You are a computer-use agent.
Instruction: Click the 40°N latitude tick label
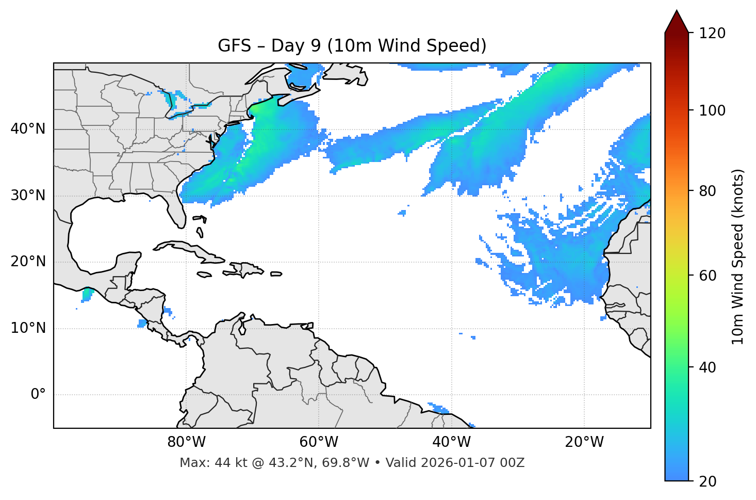tap(28, 129)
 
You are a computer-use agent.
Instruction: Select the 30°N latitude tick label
tap(28, 196)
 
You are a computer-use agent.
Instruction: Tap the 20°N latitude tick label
tap(28, 262)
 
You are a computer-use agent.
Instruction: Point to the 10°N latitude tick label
tap(28, 328)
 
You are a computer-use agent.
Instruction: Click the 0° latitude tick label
tap(38, 395)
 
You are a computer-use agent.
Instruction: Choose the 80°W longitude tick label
tap(186, 442)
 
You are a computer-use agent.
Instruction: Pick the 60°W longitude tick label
tap(319, 442)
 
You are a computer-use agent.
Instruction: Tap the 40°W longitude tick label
tap(451, 442)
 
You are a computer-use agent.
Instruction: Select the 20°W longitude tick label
tap(584, 442)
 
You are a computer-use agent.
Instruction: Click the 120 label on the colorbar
tap(712, 34)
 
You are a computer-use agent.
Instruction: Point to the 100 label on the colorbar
tap(712, 110)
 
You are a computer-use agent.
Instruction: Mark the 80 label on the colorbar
tap(708, 191)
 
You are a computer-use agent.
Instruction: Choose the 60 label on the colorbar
tap(708, 276)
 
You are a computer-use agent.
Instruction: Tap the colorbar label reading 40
tap(708, 367)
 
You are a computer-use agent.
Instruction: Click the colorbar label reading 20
tap(708, 481)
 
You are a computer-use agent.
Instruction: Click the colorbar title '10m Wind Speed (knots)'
tap(738, 256)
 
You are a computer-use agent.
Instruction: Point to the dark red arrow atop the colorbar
tap(677, 22)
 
